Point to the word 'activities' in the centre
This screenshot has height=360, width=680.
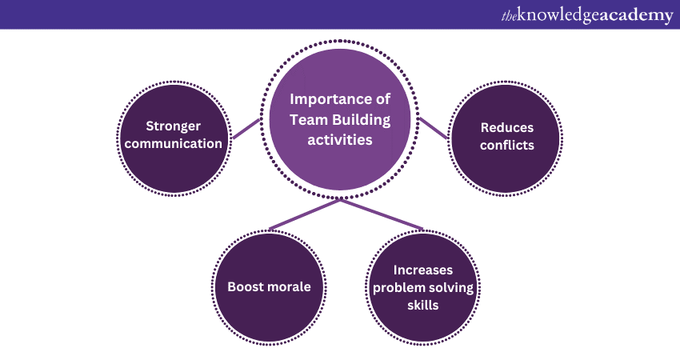coord(341,140)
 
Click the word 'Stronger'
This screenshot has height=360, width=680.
coord(173,126)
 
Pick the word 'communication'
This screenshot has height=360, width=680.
coord(173,145)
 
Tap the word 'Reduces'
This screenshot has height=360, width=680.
coord(506,127)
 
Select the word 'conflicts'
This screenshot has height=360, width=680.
coord(506,146)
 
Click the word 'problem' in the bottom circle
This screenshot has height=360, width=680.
coord(400,288)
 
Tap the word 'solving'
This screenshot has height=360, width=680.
coord(451,288)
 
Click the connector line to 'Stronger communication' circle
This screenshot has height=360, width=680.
coord(246,130)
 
